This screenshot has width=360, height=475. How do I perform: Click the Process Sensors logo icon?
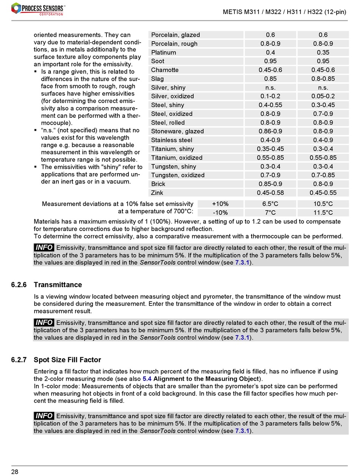[x=16, y=8]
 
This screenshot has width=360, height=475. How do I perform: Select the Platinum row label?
[x=163, y=53]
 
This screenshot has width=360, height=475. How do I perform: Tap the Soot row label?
[x=158, y=61]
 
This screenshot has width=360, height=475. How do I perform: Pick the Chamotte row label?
[x=164, y=70]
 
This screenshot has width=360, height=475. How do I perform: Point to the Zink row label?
[x=157, y=193]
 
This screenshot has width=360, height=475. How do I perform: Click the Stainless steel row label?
[x=172, y=140]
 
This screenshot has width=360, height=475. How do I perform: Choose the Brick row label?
[x=158, y=184]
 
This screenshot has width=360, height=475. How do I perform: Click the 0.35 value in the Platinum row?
[x=323, y=53]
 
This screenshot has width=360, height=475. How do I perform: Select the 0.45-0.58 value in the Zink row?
[x=270, y=193]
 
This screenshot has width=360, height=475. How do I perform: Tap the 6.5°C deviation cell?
[x=270, y=204]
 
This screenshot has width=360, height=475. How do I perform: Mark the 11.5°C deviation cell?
[x=323, y=213]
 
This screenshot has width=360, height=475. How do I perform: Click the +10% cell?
[x=220, y=204]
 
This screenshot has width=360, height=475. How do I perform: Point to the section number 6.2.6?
[x=19, y=285]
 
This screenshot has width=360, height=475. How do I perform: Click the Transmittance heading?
[x=58, y=285]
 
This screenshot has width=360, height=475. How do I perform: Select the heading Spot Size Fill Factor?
[x=67, y=360]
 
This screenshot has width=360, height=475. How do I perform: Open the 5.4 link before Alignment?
[x=147, y=379]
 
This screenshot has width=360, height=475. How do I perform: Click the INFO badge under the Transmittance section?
[x=44, y=323]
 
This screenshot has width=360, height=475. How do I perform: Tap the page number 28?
[x=15, y=472]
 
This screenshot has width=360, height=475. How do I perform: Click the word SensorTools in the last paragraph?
[x=158, y=431]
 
